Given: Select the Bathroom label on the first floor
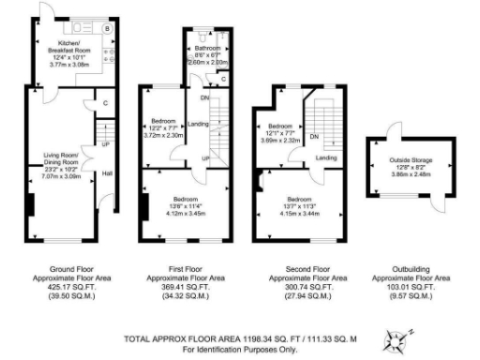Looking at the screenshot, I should (x=207, y=47).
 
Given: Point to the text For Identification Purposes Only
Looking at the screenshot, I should (x=228, y=348).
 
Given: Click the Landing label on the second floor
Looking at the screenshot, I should (x=325, y=157).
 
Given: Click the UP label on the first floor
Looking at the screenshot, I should (x=204, y=157).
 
